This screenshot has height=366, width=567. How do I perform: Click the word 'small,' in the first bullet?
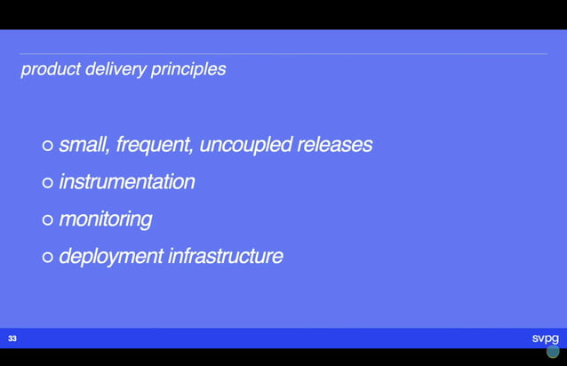click(x=84, y=145)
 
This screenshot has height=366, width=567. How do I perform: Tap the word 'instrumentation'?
click(x=126, y=182)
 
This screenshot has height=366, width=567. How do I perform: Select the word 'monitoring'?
click(x=105, y=219)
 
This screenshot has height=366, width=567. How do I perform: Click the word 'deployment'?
click(x=111, y=257)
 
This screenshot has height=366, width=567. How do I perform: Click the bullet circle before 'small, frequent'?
click(x=48, y=146)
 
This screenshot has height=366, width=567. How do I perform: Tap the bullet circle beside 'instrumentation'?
click(x=48, y=183)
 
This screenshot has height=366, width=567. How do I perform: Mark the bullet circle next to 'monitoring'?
click(x=48, y=220)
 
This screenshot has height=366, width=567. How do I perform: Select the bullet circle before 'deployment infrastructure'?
click(x=48, y=258)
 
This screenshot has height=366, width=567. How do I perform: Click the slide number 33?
click(x=12, y=338)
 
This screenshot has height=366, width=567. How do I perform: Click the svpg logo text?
click(x=545, y=338)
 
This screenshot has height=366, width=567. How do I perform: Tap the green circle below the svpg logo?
click(x=553, y=352)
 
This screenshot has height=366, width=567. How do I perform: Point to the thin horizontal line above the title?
click(x=283, y=54)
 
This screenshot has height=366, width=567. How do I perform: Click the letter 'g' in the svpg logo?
click(x=555, y=339)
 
